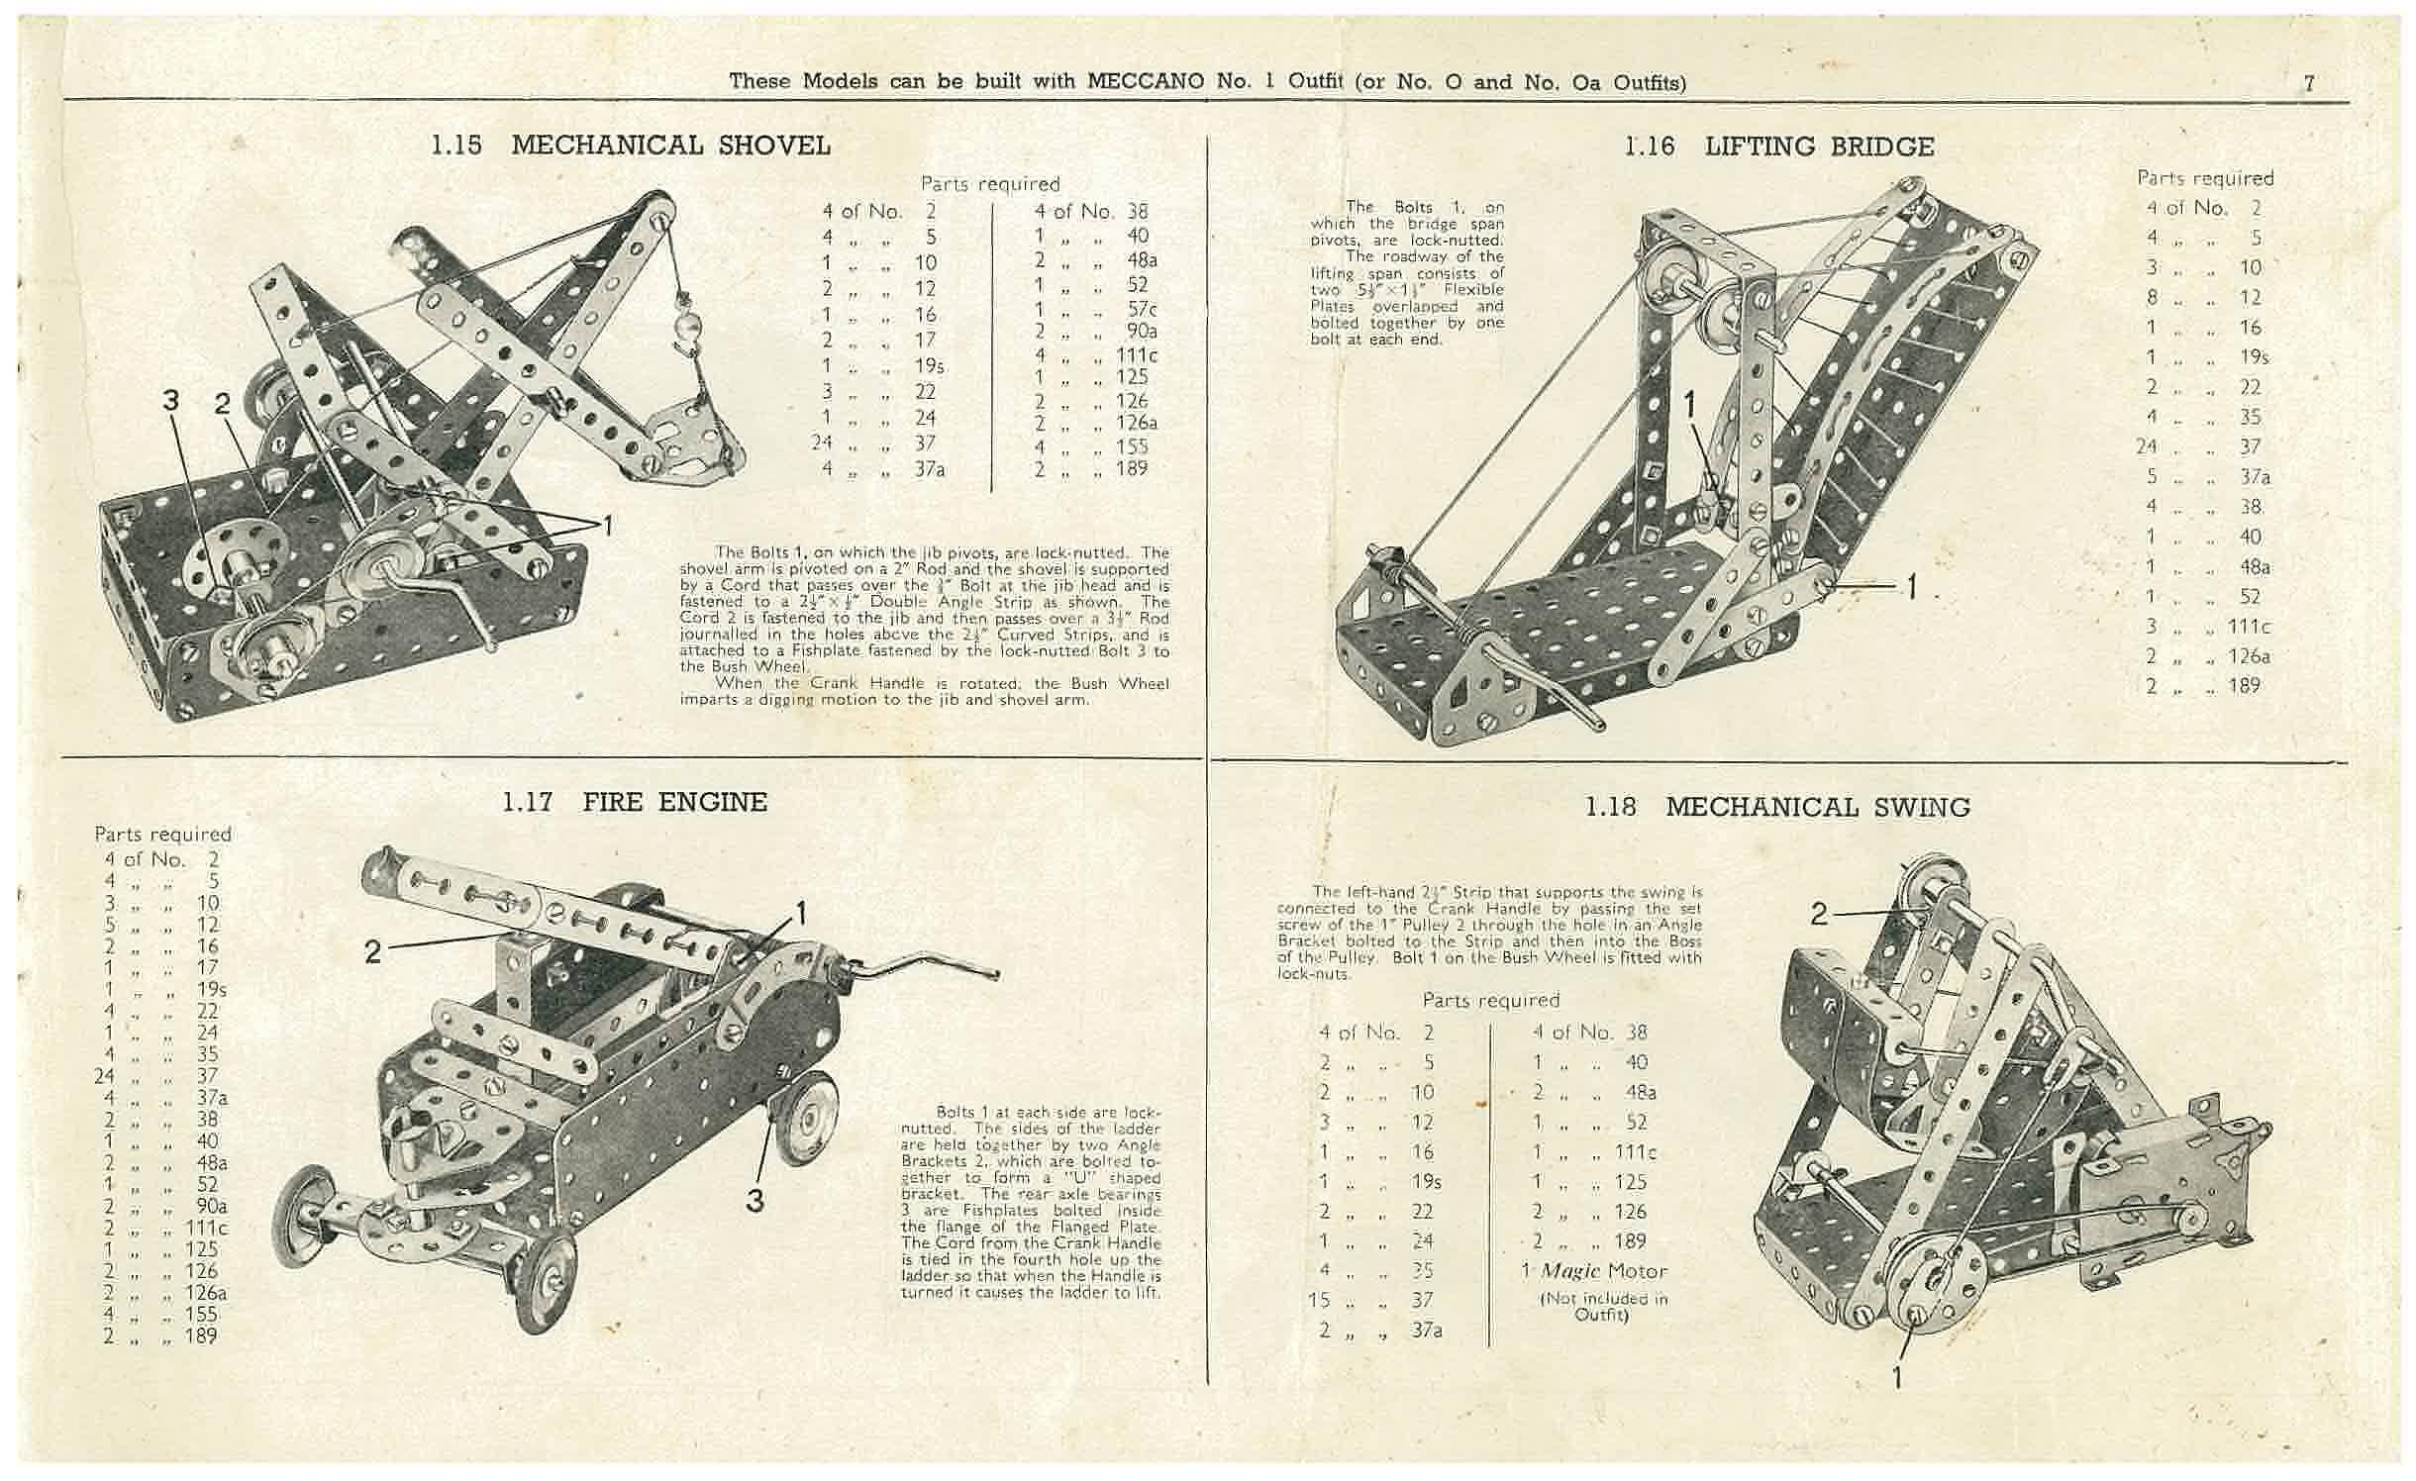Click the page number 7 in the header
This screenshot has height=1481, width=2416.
coord(2310,83)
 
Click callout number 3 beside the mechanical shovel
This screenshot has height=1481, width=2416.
coord(171,401)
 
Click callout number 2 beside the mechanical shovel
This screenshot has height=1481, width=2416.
coord(223,403)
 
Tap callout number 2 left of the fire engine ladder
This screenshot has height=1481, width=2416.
coord(372,951)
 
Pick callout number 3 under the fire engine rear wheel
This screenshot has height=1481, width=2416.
coord(755,1200)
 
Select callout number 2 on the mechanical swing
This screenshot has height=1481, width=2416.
coord(1818,914)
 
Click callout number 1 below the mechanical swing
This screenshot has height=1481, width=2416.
coord(1897,1377)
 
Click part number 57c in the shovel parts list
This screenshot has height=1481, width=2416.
coord(1142,309)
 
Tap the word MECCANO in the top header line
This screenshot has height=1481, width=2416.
coord(1146,81)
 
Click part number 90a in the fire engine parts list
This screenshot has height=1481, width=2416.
coord(211,1206)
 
